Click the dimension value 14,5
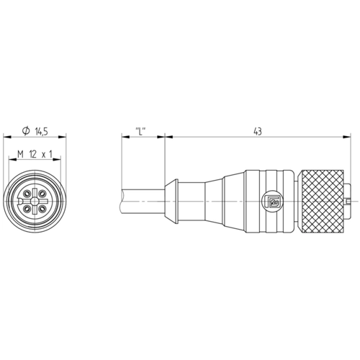(42, 132)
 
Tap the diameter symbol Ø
(26, 131)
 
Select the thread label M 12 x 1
(35, 154)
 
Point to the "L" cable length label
(141, 131)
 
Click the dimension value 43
(258, 131)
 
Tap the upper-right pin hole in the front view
(42, 193)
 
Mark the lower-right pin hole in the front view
(42, 208)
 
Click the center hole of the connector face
(35, 201)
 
